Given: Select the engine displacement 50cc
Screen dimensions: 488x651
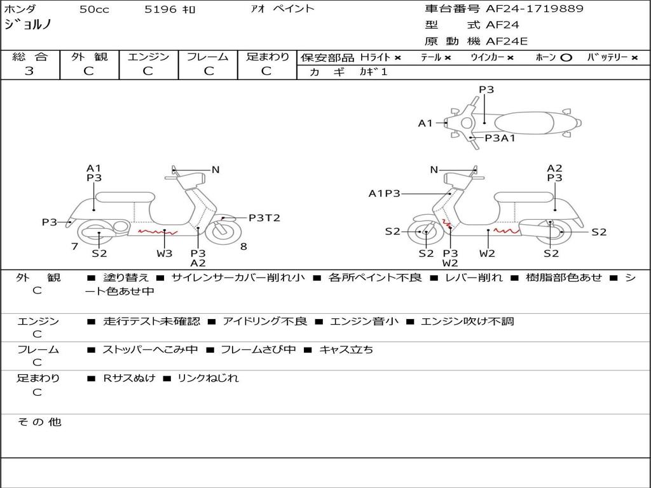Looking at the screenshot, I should (x=94, y=10).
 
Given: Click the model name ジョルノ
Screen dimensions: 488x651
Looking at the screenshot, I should (x=29, y=25).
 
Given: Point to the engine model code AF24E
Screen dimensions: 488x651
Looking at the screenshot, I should (x=507, y=42).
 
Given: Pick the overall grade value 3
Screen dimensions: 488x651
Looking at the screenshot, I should (x=29, y=71).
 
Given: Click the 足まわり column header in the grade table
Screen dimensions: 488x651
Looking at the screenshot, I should (x=268, y=57).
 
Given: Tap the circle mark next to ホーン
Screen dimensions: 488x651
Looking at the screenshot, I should (x=566, y=58).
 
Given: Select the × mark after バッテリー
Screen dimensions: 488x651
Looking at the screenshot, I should (x=634, y=58).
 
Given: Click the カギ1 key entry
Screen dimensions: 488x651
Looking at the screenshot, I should (x=373, y=72).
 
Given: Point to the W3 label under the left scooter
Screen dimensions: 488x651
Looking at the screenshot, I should (x=165, y=254).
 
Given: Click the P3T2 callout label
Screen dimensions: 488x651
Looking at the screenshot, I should (x=264, y=218).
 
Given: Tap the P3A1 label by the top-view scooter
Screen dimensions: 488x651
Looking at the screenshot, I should (x=500, y=138).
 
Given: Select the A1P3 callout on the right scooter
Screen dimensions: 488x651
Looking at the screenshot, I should (x=384, y=193).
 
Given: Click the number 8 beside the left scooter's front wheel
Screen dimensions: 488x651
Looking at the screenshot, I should (x=243, y=247).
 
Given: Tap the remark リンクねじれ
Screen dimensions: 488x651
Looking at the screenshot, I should (x=208, y=378).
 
